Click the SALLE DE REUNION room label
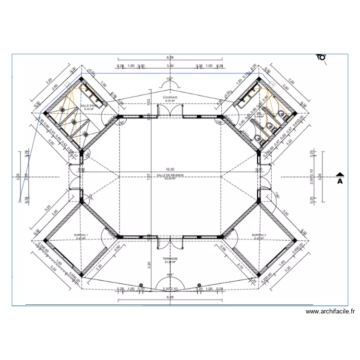pos(170,176)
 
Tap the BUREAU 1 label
pos(82,236)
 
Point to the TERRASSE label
pos(170,260)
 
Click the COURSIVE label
pos(170,97)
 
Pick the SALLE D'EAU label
pos(88,107)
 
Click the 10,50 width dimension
pos(170,169)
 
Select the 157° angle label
pos(169,79)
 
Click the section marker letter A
pos(339,181)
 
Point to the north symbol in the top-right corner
pos(321,57)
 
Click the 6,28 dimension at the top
pos(170,58)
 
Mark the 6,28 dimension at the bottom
pos(170,298)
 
